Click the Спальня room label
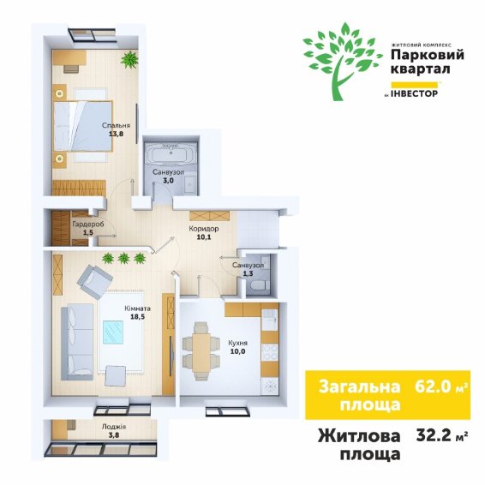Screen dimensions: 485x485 pos(116,126)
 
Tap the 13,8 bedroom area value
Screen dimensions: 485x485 pos(115,134)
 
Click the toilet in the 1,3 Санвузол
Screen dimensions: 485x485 pos(258,285)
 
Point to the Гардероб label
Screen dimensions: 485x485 pos(88,224)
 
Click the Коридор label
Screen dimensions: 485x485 pos(204,229)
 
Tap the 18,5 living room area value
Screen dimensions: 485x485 pos(137,317)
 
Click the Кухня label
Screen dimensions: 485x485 pos(238,343)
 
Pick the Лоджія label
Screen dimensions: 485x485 pos(114,427)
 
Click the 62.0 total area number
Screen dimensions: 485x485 pos(433,386)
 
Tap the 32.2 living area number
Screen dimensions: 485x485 pos(434,435)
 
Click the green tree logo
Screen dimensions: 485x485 pos(343,63)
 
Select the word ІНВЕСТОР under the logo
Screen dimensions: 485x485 pos(415,93)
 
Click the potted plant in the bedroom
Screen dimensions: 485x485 pos(129,60)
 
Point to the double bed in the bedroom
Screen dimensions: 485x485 pos(83,126)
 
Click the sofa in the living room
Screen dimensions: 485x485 pos(77,342)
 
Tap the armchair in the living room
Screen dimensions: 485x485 pos(94,281)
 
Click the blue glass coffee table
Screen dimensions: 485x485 pos(113,332)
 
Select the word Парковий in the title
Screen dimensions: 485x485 pos(428,56)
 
